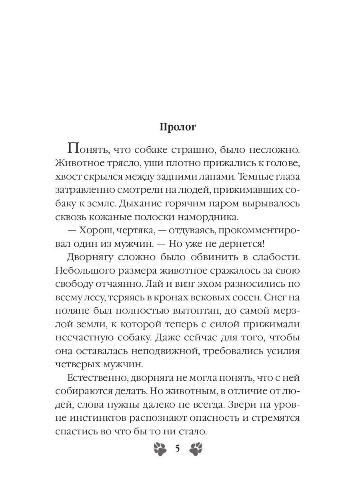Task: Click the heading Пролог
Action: point(178,127)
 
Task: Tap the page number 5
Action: point(177,448)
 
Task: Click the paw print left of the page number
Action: point(161,448)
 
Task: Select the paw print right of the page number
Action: point(195,448)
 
